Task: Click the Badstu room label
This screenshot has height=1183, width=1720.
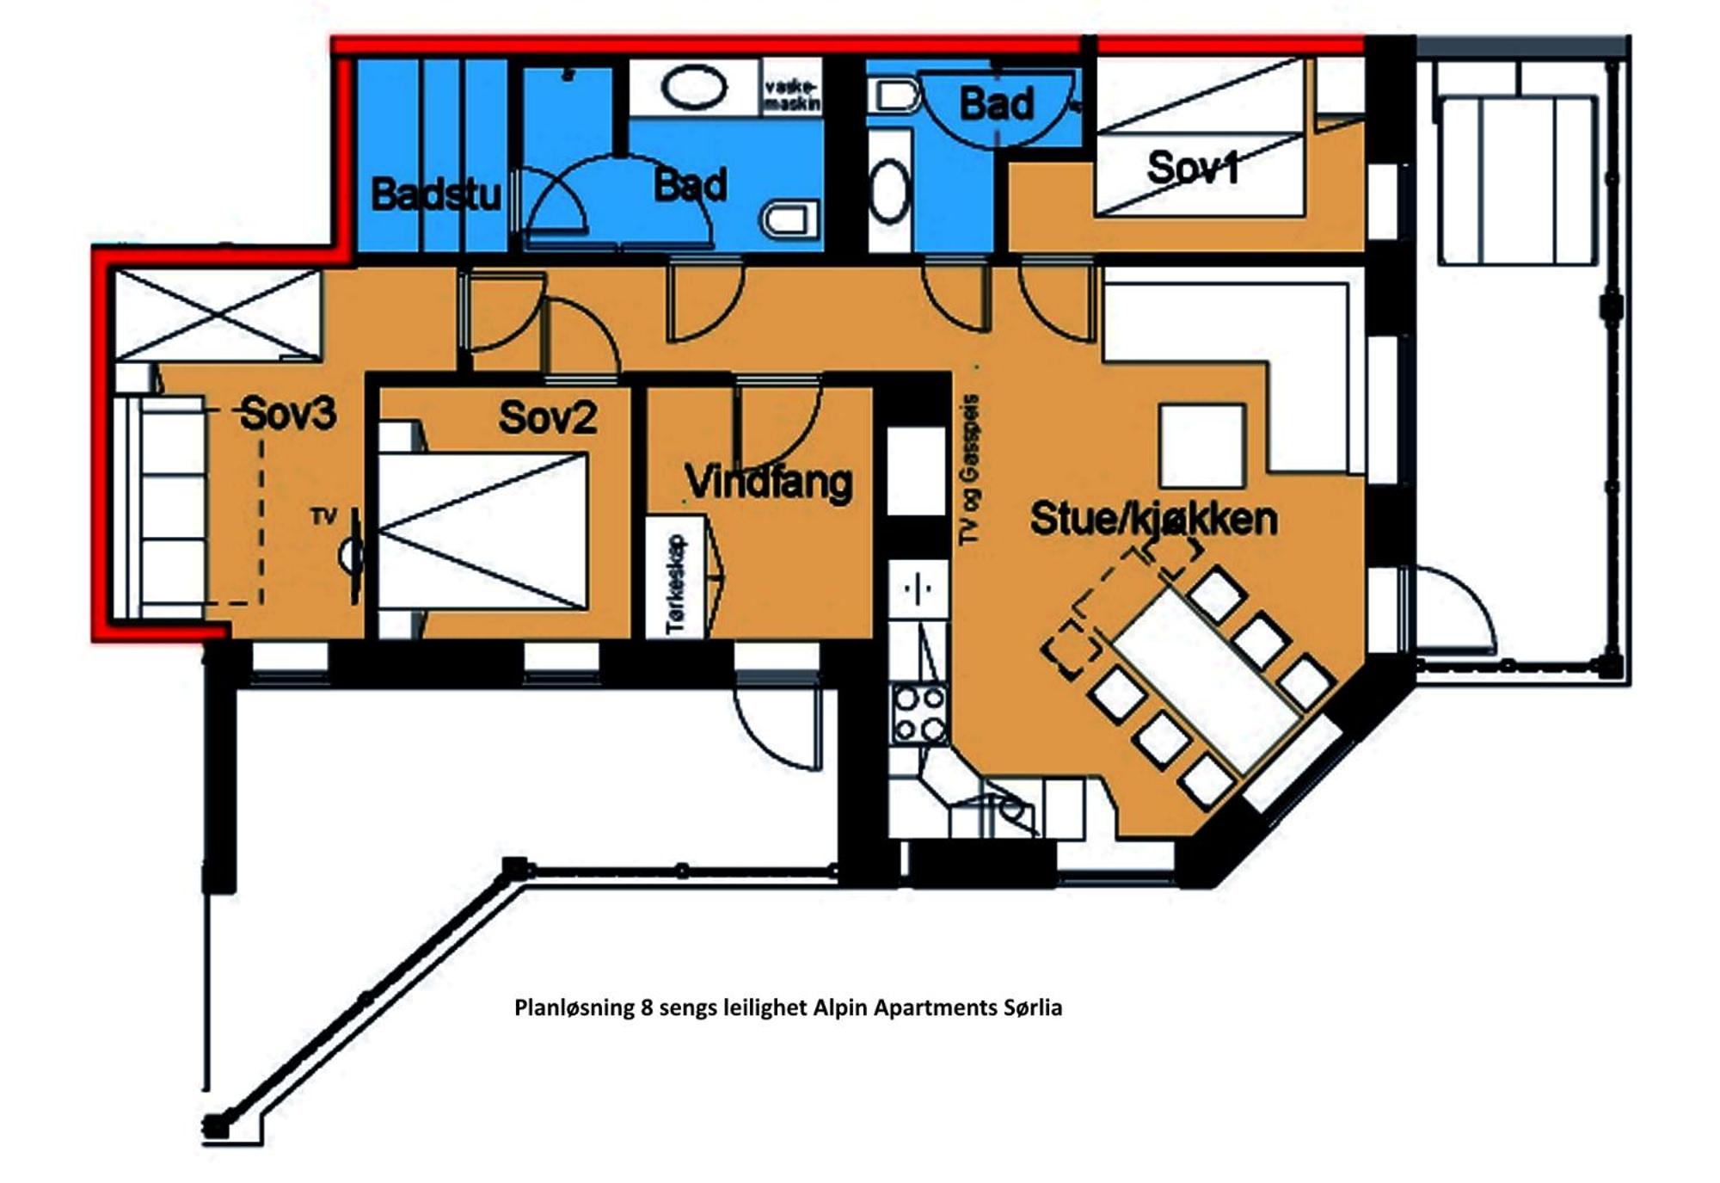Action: click(x=436, y=194)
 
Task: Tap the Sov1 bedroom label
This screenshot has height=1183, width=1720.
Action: click(x=1193, y=168)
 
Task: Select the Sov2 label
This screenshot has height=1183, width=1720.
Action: click(x=548, y=417)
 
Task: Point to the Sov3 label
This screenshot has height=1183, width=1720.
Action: click(x=288, y=413)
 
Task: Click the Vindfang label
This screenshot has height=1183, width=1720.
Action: click(x=769, y=483)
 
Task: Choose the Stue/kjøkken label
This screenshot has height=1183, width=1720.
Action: click(x=1153, y=519)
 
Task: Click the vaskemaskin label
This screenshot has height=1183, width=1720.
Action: click(x=792, y=96)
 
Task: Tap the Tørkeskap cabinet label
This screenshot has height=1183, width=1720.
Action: click(x=676, y=584)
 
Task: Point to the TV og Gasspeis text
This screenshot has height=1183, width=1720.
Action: click(x=969, y=470)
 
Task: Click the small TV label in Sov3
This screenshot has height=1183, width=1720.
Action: click(x=323, y=516)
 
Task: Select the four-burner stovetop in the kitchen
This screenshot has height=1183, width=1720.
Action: click(x=919, y=714)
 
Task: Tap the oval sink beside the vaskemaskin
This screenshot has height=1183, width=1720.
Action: click(x=694, y=88)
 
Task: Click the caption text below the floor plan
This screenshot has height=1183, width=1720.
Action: click(x=788, y=1007)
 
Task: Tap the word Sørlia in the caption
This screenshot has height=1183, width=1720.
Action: click(x=1033, y=1007)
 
